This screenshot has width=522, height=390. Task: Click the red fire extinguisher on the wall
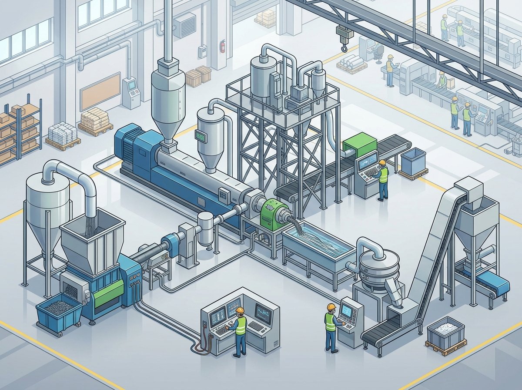coord(222,46)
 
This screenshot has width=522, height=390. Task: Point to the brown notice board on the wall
coord(100,91)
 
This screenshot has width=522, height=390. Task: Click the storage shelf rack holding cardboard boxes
coord(20,131)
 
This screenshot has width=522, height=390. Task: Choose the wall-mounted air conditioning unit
coord(185,26)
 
